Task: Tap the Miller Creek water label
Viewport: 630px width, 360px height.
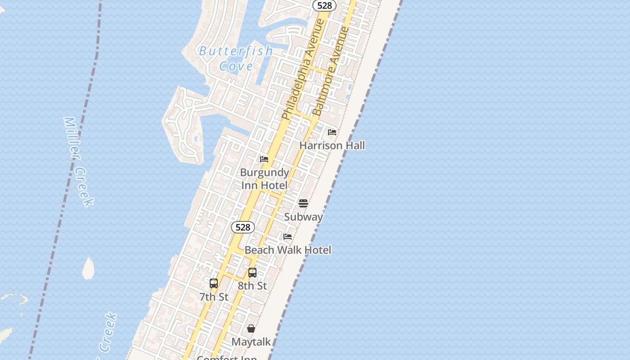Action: pos(78,161)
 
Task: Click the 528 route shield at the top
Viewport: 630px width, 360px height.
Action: pos(324,5)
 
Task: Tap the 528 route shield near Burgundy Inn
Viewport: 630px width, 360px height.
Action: pos(243,227)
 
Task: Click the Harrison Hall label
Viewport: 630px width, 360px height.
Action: pos(332,145)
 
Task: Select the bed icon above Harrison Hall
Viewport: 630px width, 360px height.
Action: pos(332,132)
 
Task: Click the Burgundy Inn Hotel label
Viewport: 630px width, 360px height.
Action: pos(265,179)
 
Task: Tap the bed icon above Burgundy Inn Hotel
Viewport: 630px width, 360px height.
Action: pos(264,159)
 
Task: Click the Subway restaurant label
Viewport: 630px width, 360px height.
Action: pos(303,217)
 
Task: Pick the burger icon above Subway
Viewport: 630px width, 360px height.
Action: pos(303,203)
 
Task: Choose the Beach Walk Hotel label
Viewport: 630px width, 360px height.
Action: pos(288,250)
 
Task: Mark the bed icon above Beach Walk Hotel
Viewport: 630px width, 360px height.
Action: pos(288,236)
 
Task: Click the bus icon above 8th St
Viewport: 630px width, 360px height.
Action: pos(252,272)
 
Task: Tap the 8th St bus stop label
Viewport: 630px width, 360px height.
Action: pos(252,286)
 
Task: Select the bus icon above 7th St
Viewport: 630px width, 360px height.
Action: pos(214,283)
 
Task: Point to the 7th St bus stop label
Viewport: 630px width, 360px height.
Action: pos(214,297)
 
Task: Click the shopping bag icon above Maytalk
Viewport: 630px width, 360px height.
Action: pos(251,328)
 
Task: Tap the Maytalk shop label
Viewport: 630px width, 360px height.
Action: pos(251,342)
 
